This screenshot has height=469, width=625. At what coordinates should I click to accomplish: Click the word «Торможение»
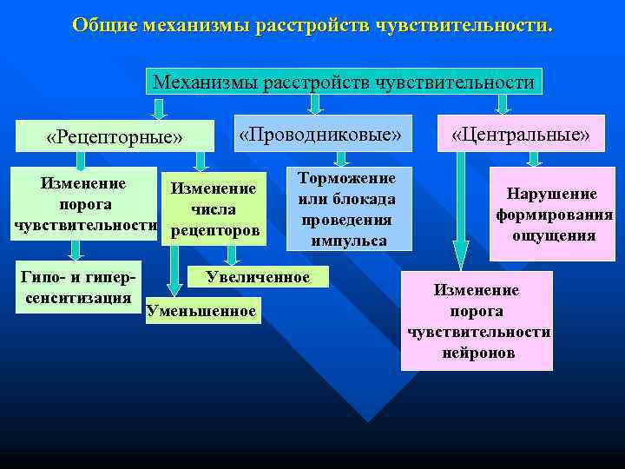click(347, 178)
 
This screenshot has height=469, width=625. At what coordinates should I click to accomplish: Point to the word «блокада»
click(364, 199)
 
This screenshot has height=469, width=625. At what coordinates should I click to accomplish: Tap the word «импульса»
click(349, 241)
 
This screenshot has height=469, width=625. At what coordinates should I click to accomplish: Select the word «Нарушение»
click(552, 194)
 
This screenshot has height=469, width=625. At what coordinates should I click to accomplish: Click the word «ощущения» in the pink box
click(552, 235)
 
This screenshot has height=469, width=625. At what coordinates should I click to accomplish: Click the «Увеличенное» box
click(258, 277)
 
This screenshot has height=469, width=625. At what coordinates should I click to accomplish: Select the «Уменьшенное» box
click(202, 310)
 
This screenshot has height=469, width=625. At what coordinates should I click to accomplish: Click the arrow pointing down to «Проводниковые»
click(316, 104)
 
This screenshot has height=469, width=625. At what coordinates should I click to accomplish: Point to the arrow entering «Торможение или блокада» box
click(341, 157)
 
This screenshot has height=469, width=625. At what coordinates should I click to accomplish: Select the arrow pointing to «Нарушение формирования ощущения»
click(534, 157)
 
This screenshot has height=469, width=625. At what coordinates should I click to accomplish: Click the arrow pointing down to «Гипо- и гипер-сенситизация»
click(76, 249)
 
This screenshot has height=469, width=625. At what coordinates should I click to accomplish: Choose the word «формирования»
click(554, 215)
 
